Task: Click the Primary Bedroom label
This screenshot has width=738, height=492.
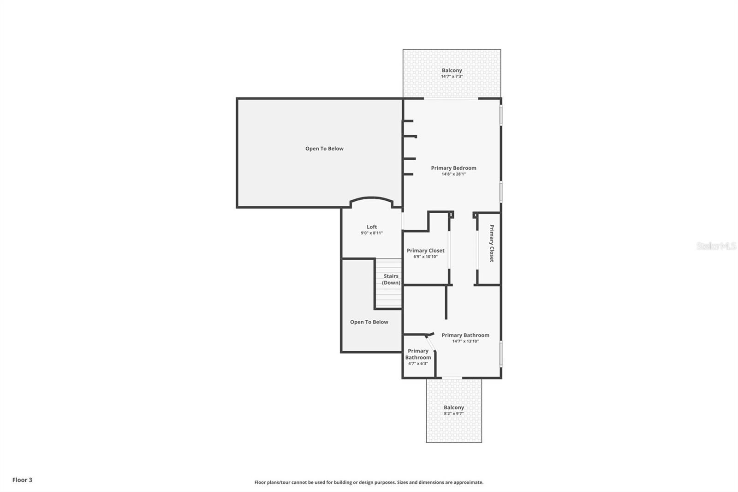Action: tap(453, 168)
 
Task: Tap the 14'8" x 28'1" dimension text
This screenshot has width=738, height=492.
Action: tap(453, 174)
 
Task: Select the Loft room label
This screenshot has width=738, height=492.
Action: tap(372, 227)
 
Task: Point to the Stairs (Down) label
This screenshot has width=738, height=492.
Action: tap(391, 279)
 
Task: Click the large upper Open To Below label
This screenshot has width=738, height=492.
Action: tap(324, 149)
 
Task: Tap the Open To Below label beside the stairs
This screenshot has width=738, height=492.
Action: tap(369, 322)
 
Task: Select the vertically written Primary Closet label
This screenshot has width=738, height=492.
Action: tap(492, 243)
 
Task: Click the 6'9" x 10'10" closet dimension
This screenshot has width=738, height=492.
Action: tap(425, 257)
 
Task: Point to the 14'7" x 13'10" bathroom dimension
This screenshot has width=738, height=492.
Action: tap(465, 342)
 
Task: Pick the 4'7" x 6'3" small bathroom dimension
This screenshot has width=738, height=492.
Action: tap(418, 364)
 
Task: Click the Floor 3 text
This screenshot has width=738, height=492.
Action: tap(22, 480)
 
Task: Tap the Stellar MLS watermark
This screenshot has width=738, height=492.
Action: tap(716, 246)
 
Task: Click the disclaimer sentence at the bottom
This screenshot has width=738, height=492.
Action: tap(369, 482)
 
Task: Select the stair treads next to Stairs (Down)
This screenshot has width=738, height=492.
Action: tap(388, 295)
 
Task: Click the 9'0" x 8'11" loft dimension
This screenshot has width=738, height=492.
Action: tap(372, 233)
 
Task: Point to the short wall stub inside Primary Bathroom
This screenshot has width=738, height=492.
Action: tap(446, 303)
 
